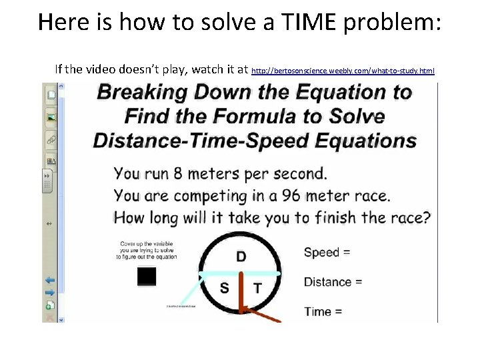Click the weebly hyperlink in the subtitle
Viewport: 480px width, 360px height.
(x=343, y=69)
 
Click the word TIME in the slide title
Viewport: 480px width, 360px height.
(x=317, y=22)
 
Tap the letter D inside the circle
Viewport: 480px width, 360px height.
(x=241, y=257)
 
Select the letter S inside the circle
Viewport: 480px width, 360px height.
(x=225, y=288)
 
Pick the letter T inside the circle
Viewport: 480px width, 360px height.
(x=257, y=289)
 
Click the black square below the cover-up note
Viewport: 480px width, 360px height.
(x=147, y=276)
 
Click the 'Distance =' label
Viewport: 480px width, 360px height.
(x=333, y=282)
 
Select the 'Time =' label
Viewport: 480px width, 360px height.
(x=323, y=311)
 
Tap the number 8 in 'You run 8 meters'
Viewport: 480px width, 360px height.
(x=176, y=174)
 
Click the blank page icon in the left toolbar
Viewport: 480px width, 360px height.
(x=51, y=95)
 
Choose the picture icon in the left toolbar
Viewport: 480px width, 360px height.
(x=51, y=117)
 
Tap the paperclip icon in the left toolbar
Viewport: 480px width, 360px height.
(x=51, y=139)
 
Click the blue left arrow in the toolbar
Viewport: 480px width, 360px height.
(x=50, y=281)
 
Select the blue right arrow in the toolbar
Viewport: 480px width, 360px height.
(x=50, y=292)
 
